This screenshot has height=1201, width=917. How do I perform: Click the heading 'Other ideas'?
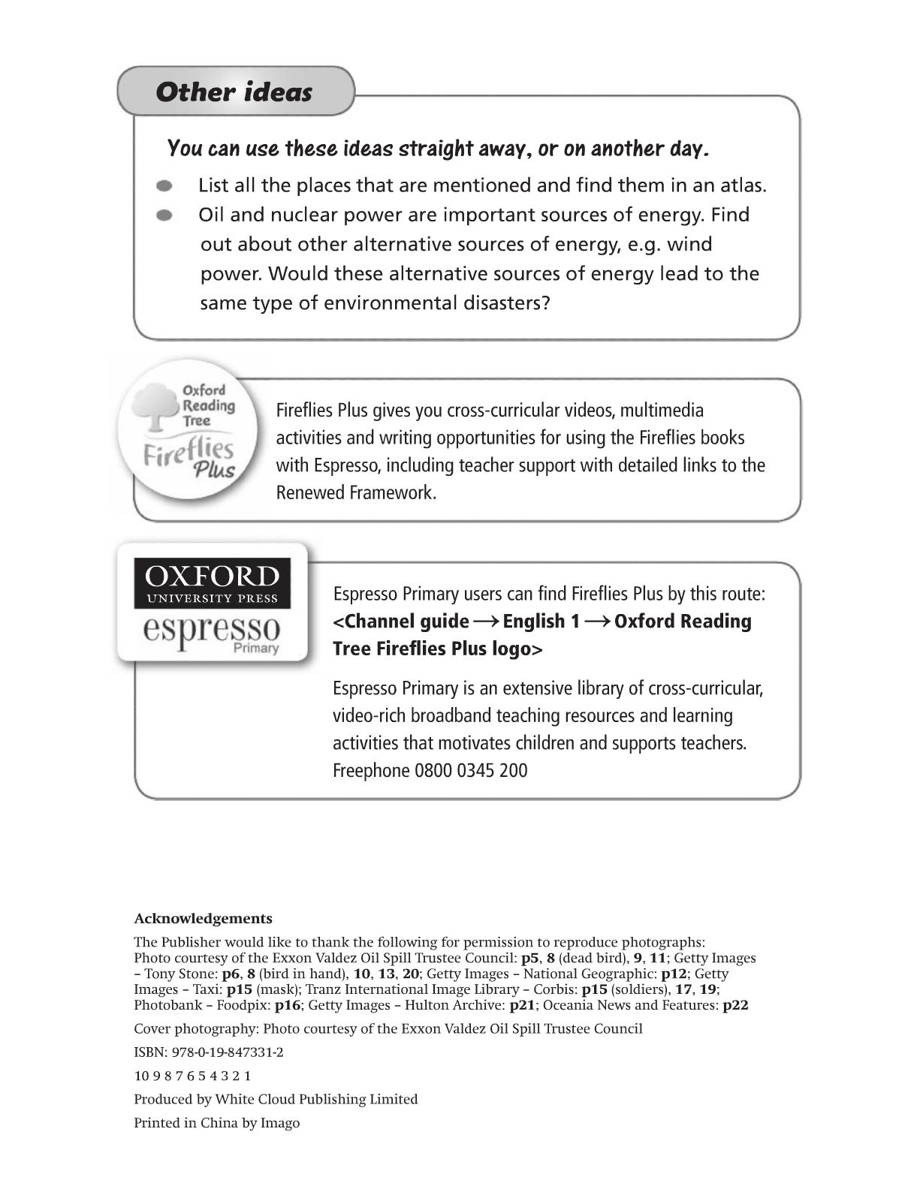[x=234, y=92]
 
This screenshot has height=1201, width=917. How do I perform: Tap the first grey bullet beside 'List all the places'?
[x=164, y=185]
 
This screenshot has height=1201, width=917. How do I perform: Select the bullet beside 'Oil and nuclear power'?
[x=164, y=215]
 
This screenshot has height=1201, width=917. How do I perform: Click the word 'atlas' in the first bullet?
[x=743, y=185]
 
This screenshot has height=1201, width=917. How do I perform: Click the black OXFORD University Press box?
[x=212, y=583]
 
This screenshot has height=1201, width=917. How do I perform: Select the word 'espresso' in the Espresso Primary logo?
[x=212, y=628]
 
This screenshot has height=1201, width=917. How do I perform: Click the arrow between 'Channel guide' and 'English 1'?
[x=486, y=622]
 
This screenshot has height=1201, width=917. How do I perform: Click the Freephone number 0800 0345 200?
[x=471, y=771]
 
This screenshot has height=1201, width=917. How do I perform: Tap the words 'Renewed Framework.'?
[x=356, y=493]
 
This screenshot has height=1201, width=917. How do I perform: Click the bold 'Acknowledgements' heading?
[x=203, y=919]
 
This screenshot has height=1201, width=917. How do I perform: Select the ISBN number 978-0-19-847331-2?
[x=228, y=1052]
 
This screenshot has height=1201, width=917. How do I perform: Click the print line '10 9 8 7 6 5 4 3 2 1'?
[x=192, y=1076]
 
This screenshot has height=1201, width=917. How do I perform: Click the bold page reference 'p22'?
[x=735, y=1005]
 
